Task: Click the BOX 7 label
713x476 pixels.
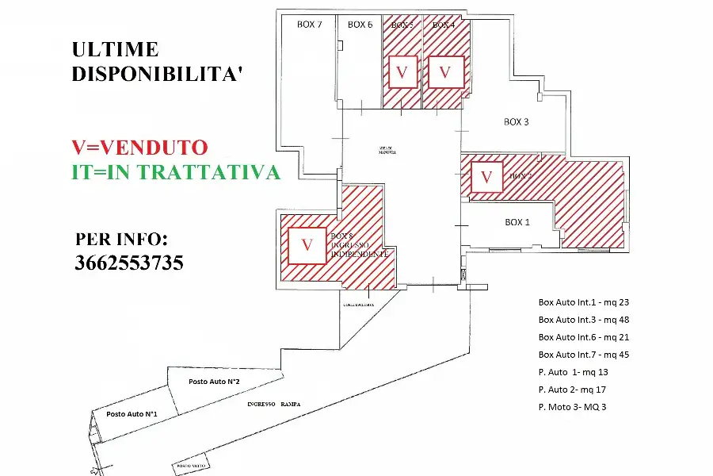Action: (309, 25)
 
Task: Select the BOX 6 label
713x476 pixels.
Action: (360, 25)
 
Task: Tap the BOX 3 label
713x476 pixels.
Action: (516, 122)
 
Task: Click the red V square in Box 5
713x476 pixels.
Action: (402, 73)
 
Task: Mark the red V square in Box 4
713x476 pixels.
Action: (445, 73)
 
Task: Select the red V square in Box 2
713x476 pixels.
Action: (486, 176)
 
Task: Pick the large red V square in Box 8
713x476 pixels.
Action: (307, 246)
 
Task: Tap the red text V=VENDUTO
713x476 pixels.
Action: (139, 147)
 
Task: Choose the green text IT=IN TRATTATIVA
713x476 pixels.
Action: (176, 172)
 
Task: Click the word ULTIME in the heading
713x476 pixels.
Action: (115, 49)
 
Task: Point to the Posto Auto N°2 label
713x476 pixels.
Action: (214, 382)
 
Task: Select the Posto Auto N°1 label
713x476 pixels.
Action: (132, 414)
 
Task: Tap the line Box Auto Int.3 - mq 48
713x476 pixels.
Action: (584, 320)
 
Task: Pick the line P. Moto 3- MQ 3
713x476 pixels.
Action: (572, 407)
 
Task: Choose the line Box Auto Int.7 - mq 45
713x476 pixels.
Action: (584, 355)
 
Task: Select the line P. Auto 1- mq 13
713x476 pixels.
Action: (573, 372)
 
